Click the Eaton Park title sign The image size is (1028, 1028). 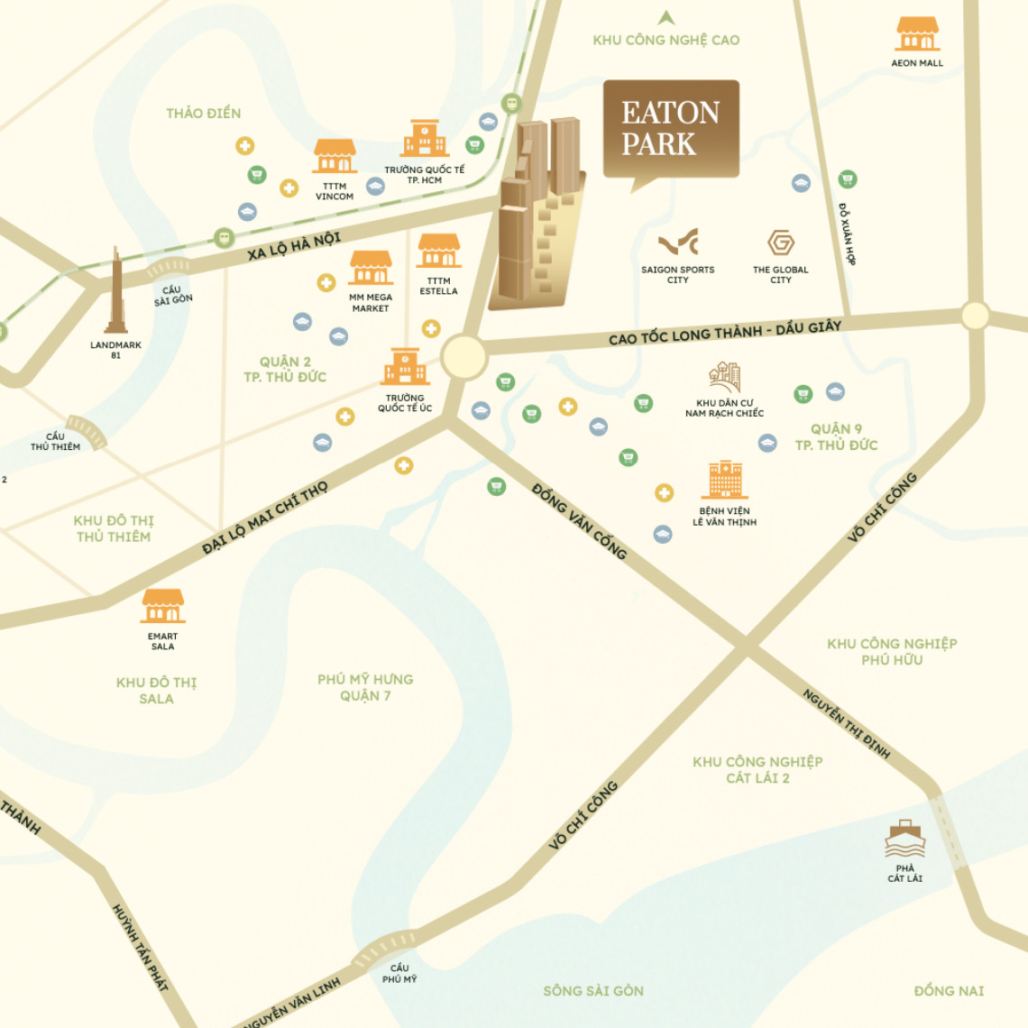[x=671, y=128]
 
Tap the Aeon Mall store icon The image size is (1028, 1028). [x=917, y=34]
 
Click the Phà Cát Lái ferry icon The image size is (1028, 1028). [x=904, y=840]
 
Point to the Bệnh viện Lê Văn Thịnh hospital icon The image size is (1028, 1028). [x=724, y=480]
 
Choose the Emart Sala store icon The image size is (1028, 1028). [x=163, y=606]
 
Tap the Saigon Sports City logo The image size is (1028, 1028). [x=678, y=243]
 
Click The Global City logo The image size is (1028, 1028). [x=780, y=243]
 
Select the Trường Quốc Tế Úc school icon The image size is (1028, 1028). [x=405, y=367]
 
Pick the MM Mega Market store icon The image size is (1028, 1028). [x=371, y=268]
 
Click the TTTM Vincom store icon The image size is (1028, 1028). [x=335, y=156]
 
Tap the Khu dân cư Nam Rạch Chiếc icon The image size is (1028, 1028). [x=724, y=378]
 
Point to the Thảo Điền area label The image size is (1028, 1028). [x=204, y=113]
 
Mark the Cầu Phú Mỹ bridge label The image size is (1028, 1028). [x=399, y=973]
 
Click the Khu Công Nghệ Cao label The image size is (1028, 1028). [x=666, y=40]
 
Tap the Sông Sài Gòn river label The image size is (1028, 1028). [x=593, y=990]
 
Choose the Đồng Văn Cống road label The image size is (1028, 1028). [x=579, y=521]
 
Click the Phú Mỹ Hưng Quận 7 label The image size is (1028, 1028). [x=365, y=687]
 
